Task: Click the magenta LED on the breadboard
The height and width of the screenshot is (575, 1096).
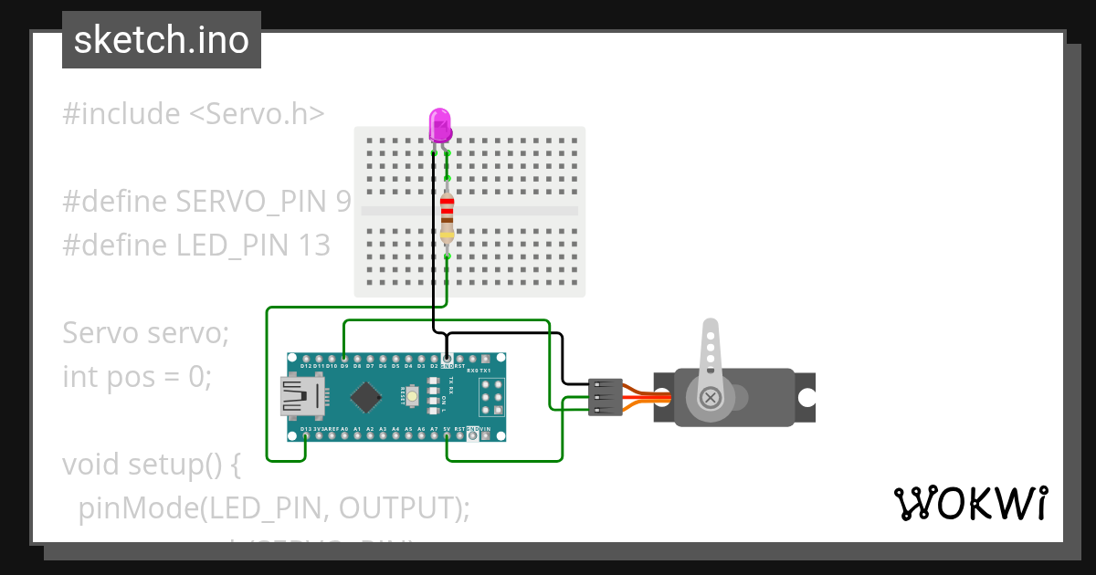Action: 440,124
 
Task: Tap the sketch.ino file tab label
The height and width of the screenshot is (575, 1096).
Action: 162,40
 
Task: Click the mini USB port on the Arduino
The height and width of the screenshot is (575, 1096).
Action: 301,397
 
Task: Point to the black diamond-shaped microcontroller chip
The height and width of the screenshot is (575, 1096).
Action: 366,396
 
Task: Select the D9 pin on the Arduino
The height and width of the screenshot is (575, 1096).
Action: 343,358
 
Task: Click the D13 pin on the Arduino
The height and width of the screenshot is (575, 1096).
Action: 304,436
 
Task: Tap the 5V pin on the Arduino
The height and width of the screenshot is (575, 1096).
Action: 447,436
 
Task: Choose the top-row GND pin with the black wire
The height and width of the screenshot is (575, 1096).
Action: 447,358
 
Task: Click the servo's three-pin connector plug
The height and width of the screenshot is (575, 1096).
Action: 606,398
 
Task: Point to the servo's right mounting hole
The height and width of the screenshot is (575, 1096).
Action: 806,398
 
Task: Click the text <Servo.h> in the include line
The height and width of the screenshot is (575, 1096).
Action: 257,114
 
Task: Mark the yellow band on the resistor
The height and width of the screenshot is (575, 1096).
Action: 447,235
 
